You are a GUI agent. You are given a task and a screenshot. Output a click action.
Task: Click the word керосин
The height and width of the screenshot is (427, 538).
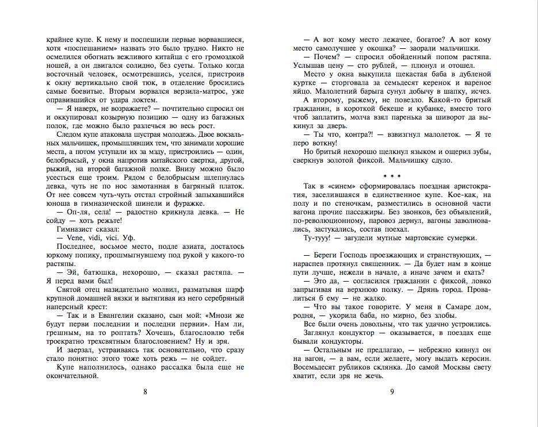tap(475, 356)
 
